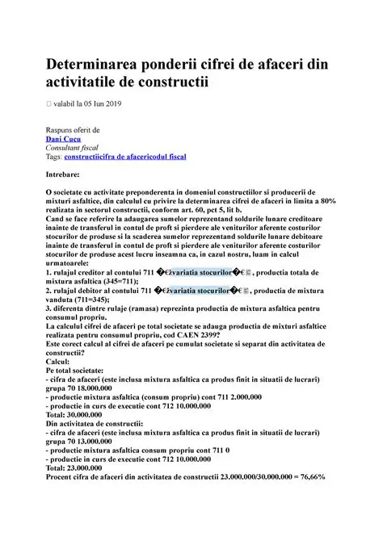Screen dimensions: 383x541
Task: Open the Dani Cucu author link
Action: point(63,139)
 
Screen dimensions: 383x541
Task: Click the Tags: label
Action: point(58,158)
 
